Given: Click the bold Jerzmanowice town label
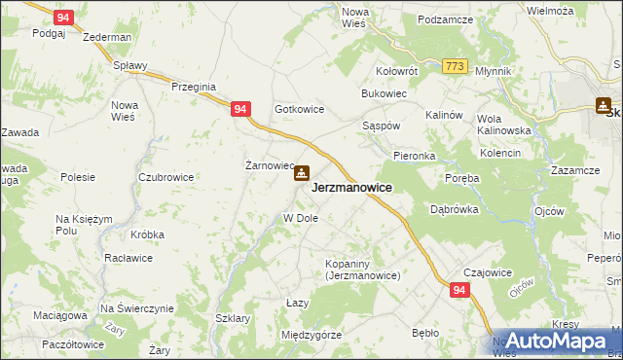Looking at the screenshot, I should coord(351,188).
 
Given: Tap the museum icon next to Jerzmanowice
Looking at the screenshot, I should coord(302,174).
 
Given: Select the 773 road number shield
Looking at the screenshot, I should coord(454,65).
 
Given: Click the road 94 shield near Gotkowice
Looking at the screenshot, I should coord(240,111).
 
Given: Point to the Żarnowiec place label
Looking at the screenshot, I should coord(268,164).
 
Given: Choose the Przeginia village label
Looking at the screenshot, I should coord(193,87).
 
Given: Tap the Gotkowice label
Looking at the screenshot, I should coord(299,110).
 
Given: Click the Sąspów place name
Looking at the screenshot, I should coord(381,127).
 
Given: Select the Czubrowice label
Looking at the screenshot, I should coord(165,177).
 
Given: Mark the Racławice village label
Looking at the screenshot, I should coord(137,262).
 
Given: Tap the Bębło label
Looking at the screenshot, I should coord(425,333).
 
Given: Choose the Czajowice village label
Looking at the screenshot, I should coord(489,272).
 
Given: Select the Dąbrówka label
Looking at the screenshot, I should coord(453,207).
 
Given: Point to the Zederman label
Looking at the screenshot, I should coord(107,37).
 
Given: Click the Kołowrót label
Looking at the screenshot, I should coord(397,71).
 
